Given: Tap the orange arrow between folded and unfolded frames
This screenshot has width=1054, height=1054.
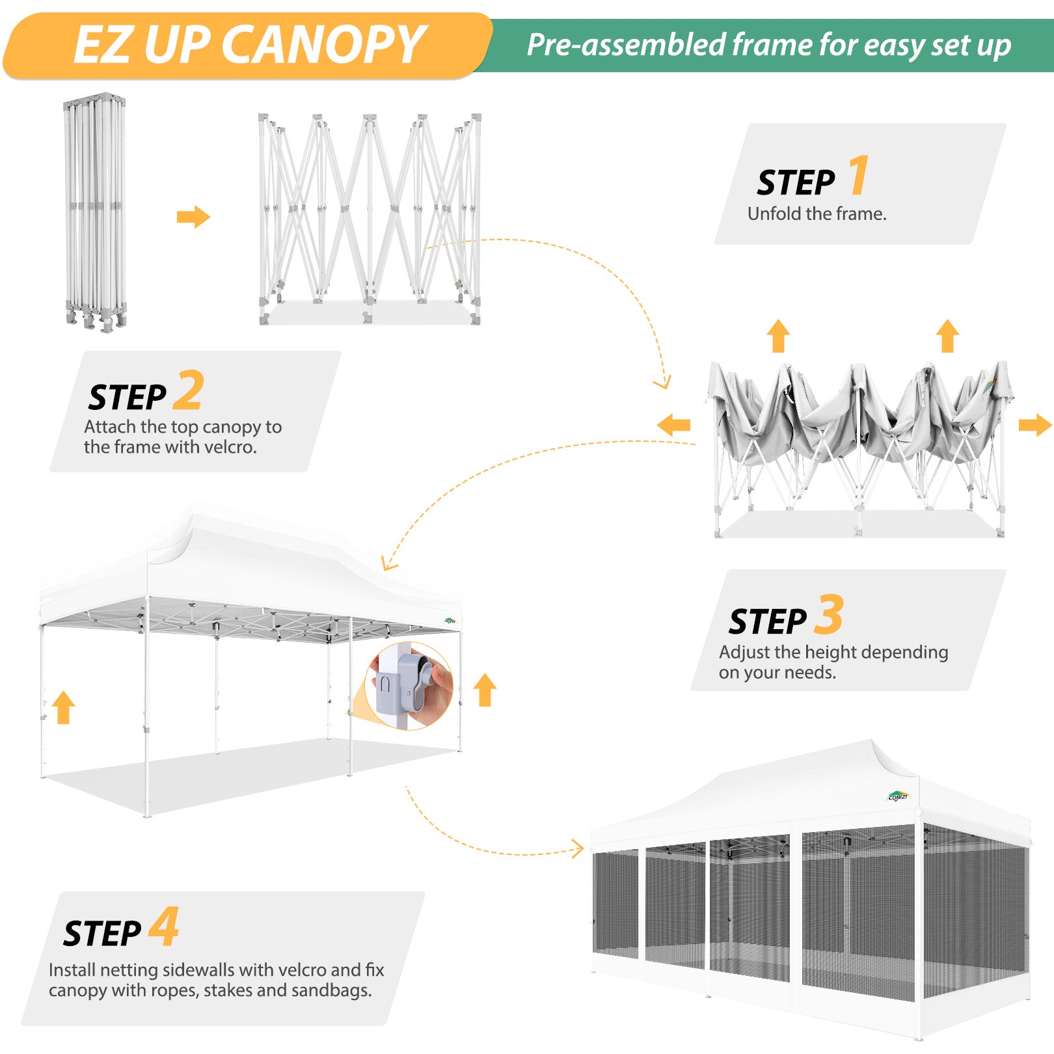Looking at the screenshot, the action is point(193,217).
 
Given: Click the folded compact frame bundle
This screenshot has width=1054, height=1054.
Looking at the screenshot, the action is point(95,211).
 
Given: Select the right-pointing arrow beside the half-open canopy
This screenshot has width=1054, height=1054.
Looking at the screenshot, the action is point(1034,426).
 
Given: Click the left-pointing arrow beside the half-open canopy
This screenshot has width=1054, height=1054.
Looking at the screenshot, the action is point(673,426).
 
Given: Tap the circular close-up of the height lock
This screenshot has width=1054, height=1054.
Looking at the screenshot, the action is point(409,686).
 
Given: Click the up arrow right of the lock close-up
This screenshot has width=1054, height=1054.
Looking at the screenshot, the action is point(485,690).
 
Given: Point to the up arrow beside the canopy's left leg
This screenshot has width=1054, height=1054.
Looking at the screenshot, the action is point(63,707).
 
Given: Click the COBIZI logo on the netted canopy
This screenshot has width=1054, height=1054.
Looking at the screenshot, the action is point(898,796).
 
